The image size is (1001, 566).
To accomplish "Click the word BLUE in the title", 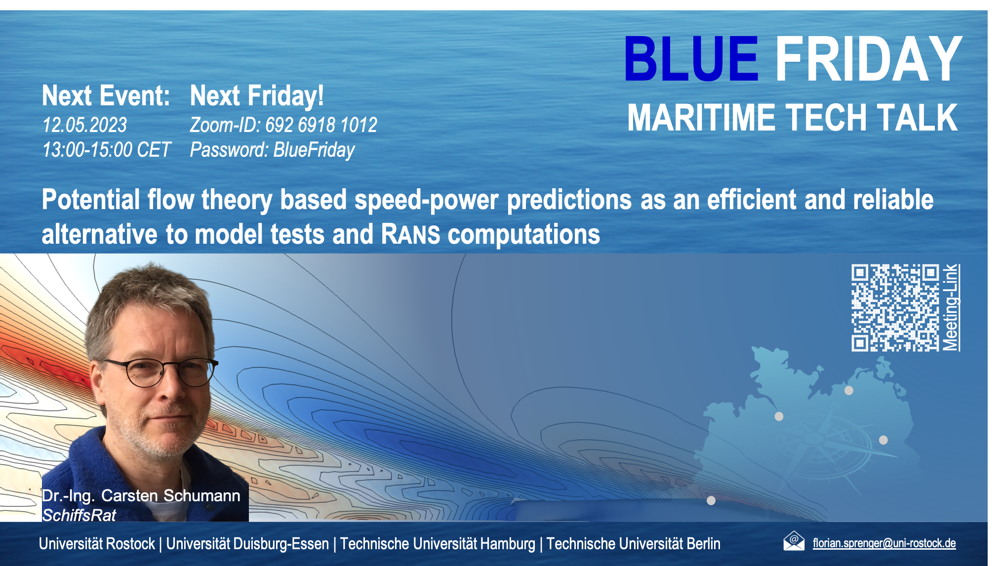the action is point(691,58).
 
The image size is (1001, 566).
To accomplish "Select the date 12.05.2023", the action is point(84,125).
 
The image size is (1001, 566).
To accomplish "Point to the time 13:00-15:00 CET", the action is point(106,149).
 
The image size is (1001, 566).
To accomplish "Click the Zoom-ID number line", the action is point(283,125).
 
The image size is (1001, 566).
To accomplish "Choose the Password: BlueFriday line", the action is point(272,150).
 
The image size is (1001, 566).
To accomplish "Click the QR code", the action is point(895,307).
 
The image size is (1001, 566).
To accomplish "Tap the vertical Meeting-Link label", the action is point(951,307).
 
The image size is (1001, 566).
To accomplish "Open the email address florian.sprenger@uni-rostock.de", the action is point(884,543).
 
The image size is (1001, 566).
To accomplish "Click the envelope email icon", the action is point(794,541).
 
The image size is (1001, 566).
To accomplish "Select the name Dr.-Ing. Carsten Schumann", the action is point(141,495).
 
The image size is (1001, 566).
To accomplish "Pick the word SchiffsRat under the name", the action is point(79,515).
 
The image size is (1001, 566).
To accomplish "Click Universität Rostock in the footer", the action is point(97,544).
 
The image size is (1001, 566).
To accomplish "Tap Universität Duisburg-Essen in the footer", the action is point(247,544).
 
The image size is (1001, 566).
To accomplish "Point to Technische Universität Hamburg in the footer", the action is point(438,544).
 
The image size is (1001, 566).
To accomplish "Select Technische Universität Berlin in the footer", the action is point(633,544).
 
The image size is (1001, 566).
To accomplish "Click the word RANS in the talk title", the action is point(410,234).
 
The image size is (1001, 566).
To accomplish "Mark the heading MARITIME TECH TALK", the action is point(792,118).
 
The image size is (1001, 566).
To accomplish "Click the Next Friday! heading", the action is point(257,95).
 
